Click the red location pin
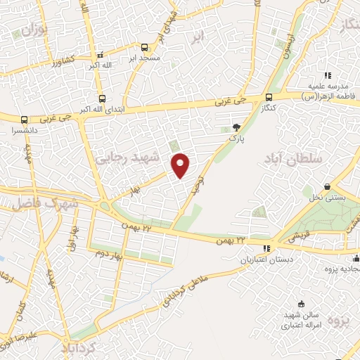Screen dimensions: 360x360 click(x=181, y=165)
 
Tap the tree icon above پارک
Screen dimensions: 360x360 click(x=238, y=127)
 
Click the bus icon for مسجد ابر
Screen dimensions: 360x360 click(x=144, y=48)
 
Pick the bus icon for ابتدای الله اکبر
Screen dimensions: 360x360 click(x=102, y=99)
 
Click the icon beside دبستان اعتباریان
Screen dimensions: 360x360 click(x=266, y=247)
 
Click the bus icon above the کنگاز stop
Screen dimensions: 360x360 click(x=269, y=98)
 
